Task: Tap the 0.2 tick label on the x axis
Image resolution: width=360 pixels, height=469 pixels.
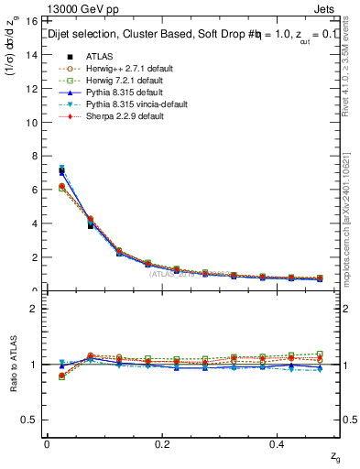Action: click(163, 443)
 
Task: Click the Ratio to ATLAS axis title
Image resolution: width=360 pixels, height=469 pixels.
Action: click(13, 364)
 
